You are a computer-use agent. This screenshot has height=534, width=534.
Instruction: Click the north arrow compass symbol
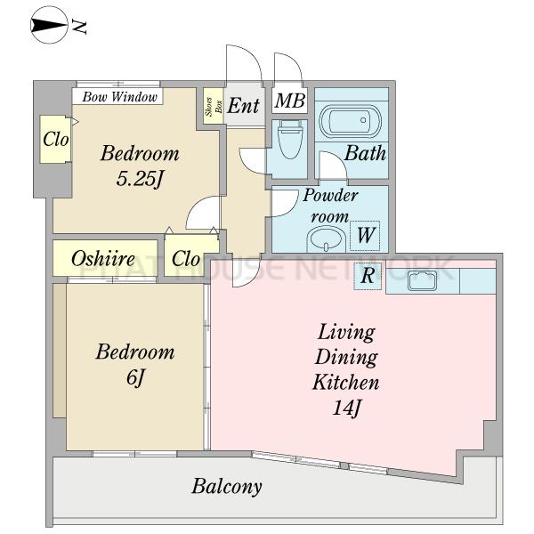49,26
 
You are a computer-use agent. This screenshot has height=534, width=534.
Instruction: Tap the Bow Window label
119,97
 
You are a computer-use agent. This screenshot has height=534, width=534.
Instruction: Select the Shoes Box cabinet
214,106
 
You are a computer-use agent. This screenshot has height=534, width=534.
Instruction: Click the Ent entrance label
244,105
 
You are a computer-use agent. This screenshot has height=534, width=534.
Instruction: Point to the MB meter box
290,101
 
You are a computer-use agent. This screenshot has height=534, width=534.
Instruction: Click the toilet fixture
290,139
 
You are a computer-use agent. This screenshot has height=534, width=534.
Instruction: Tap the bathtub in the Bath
350,120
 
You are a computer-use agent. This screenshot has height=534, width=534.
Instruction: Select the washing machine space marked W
366,235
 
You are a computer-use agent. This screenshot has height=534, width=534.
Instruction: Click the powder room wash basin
327,240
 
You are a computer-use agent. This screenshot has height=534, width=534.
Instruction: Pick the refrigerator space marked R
368,276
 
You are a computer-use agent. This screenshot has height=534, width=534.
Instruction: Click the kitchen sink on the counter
422,280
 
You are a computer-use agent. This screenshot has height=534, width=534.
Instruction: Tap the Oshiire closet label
103,259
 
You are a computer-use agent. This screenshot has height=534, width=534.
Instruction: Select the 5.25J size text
140,179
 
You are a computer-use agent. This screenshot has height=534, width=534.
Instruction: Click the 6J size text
135,377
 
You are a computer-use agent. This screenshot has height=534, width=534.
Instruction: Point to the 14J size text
346,407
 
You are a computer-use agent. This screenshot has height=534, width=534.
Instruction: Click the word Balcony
227,487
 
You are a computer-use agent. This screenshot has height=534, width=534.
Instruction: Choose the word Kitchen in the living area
346,382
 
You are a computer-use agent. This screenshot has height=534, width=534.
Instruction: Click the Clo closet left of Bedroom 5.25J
55,140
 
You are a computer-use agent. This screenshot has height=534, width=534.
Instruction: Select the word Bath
366,153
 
